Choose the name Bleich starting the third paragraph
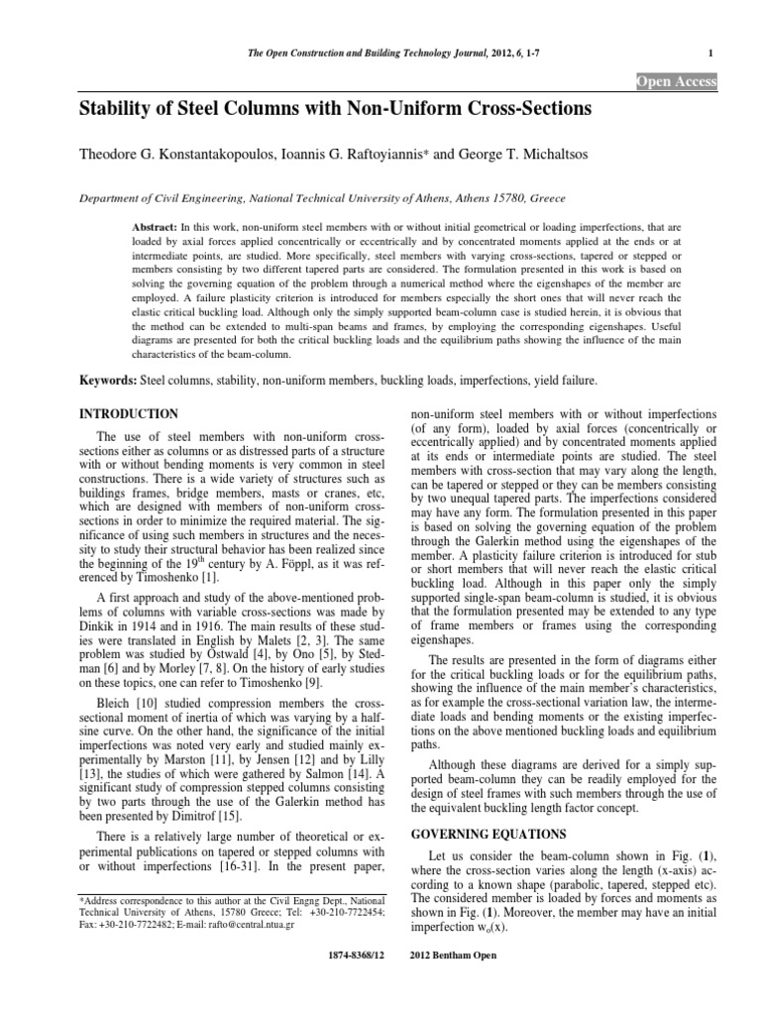[117, 728]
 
